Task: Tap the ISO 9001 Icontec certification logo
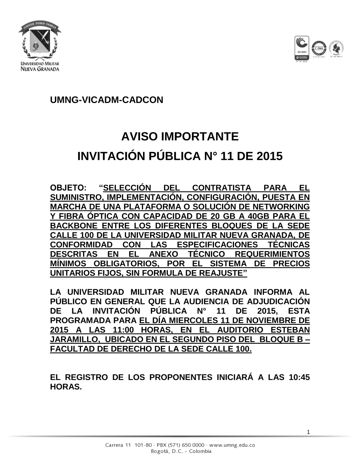[301, 49]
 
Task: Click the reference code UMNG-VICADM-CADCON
[107, 100]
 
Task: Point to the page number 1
[308, 432]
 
